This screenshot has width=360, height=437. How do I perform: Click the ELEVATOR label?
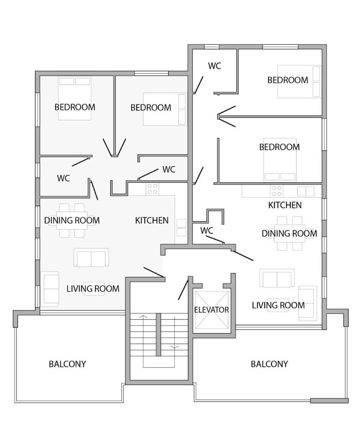(x=211, y=310)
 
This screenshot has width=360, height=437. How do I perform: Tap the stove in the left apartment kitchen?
(x=153, y=189)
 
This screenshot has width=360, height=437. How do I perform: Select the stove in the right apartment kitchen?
(x=277, y=191)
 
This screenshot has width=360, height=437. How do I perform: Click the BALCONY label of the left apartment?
(x=67, y=364)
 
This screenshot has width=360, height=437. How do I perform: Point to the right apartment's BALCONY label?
(x=269, y=364)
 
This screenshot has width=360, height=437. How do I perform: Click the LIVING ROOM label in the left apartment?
(x=93, y=288)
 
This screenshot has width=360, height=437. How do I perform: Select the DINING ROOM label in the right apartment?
(x=289, y=233)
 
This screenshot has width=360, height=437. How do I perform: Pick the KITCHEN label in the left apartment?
(x=151, y=221)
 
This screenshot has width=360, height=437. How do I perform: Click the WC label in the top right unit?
(x=214, y=66)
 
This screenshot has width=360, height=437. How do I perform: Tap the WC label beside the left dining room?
(x=63, y=178)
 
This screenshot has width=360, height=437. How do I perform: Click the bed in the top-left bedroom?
(x=75, y=99)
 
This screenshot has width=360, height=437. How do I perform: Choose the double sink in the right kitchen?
(x=306, y=191)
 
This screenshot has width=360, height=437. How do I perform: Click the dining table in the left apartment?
(x=72, y=221)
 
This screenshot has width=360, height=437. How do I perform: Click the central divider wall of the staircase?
(x=158, y=335)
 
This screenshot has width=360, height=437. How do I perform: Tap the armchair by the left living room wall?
(x=50, y=289)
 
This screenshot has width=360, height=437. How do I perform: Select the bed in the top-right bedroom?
(x=299, y=82)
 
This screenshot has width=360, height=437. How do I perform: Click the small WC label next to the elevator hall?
(x=206, y=231)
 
